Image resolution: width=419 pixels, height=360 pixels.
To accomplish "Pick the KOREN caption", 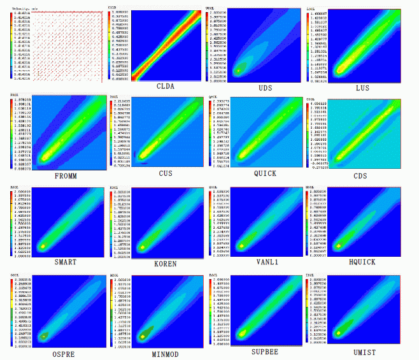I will [165, 263].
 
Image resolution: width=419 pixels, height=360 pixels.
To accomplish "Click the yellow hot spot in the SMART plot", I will [43, 245].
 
